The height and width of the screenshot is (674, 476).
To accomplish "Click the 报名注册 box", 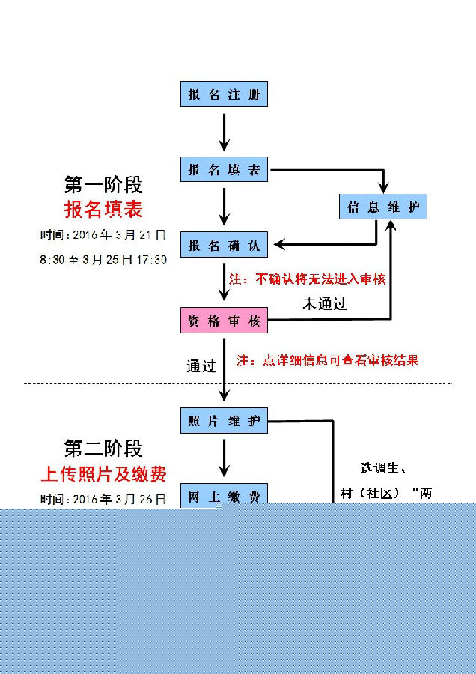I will pos(224,95).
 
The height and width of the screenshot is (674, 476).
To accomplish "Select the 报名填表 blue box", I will pos(224,170).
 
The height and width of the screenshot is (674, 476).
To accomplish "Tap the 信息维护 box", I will pos(382,207).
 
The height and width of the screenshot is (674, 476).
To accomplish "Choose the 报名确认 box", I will pos(224,245).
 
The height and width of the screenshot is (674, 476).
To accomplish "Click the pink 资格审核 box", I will pos(224,321).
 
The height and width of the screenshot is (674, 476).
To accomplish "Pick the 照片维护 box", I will pos(224,422).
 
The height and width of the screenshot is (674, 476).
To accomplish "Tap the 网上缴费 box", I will pos(224,495).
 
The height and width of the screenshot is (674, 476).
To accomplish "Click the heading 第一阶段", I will pos(103,184).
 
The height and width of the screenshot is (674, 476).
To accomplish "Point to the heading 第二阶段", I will pos(103,449).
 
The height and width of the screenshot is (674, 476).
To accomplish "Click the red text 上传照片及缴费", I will pos(103,473).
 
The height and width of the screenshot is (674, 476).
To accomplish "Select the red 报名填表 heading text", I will pos(103,208).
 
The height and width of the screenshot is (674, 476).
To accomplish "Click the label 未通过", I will pos(324,304).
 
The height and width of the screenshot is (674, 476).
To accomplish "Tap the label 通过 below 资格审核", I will pos(201,366).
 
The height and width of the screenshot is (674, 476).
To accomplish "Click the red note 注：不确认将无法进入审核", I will pos(308,279).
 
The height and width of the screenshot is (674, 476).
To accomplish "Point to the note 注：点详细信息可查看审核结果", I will pos(327,360).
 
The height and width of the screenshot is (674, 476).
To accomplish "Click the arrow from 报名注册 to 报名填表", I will pos(224,133).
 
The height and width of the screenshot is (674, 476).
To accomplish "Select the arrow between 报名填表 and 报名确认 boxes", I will pos(224,206).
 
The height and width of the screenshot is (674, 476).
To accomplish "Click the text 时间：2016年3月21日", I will pos(103,235).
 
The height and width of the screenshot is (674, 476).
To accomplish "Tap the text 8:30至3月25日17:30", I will pos(103,259).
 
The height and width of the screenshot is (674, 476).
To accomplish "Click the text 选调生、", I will pos(382,469).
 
